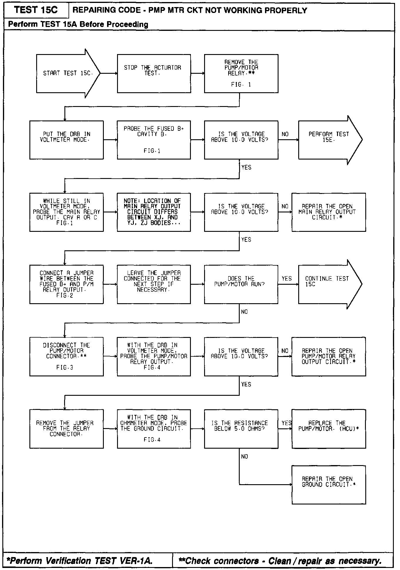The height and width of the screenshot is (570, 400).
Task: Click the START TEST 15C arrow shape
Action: pos(68,73)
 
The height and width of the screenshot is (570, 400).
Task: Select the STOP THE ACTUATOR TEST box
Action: pos(154,73)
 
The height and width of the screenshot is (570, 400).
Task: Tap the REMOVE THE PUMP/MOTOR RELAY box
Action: pos(241,73)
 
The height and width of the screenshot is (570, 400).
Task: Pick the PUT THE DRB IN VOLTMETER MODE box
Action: pos(66,140)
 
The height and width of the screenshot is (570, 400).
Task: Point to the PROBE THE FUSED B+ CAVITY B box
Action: pos(154,140)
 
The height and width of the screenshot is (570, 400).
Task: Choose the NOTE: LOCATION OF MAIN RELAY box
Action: pos(154,212)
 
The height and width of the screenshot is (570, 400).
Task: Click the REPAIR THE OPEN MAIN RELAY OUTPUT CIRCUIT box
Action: pos(329,212)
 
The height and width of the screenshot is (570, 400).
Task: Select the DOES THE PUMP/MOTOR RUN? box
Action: pos(241,284)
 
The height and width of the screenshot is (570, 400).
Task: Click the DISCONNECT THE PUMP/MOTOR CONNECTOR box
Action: pos(66,356)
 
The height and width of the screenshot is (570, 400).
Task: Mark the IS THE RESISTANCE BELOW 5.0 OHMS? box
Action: pos(241,429)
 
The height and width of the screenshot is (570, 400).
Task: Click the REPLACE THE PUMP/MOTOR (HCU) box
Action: pos(329,429)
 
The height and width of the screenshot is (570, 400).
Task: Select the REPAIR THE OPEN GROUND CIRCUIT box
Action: pos(329,485)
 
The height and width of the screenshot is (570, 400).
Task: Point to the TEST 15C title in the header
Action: pos(36,10)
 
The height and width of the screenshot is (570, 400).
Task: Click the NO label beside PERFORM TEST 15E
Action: pos(285,134)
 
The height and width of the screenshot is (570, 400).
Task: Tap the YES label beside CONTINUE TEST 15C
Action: pos(287,279)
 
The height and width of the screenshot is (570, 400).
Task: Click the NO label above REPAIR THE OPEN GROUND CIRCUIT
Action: pos(244,457)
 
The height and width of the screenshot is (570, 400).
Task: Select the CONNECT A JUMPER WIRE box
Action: pos(66,284)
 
